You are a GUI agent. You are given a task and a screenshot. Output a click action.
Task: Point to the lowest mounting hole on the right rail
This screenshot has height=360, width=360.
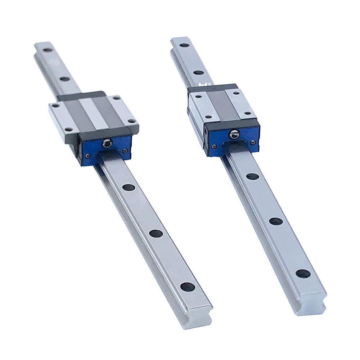pyautogui.click(x=303, y=273)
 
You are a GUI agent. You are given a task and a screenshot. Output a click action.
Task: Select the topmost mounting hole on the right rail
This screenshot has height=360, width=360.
pyautogui.click(x=184, y=45)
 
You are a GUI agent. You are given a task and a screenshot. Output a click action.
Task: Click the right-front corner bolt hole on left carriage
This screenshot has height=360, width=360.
pyautogui.click(x=132, y=121)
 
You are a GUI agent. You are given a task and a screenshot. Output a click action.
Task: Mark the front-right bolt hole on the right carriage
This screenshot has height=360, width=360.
pyautogui.click(x=248, y=113)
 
